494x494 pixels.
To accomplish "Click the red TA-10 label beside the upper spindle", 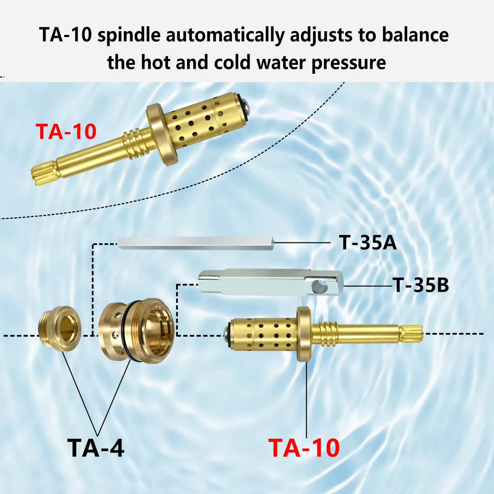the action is coord(66,132).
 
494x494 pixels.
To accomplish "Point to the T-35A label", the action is coord(368,242).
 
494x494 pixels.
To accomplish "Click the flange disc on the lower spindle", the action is coord(304,334).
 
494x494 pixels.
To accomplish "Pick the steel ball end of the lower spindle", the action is coord(227,334).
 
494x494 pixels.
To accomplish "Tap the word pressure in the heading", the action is coord(349,63).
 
